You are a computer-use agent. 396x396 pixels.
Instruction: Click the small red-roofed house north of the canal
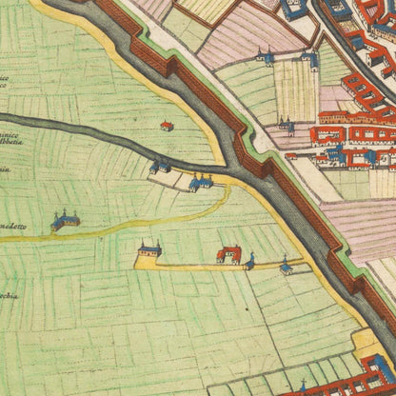[x=168, y=126]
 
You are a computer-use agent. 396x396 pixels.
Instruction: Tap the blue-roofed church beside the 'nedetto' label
[x=65, y=221]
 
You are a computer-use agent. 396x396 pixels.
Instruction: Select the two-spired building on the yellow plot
[x=148, y=250]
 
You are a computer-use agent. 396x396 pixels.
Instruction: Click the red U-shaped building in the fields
[x=228, y=254]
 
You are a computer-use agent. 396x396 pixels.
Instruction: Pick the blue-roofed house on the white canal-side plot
[x=161, y=167]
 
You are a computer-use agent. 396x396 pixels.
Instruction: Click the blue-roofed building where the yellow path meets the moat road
[x=202, y=181]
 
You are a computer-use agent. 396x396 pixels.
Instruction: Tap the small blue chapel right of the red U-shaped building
[x=250, y=261]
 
